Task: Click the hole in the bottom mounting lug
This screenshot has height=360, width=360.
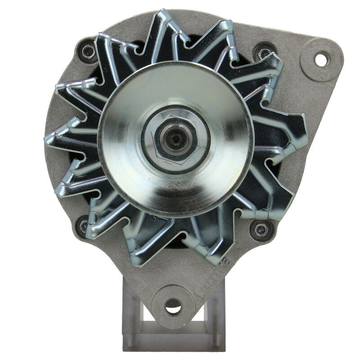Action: click(173, 307)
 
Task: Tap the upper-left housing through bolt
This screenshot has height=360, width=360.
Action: click(86, 53)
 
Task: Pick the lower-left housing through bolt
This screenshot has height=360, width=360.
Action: click(84, 226)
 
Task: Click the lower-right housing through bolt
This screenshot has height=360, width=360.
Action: click(260, 230)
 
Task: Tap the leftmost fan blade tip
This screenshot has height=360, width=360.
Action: click(47, 137)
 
